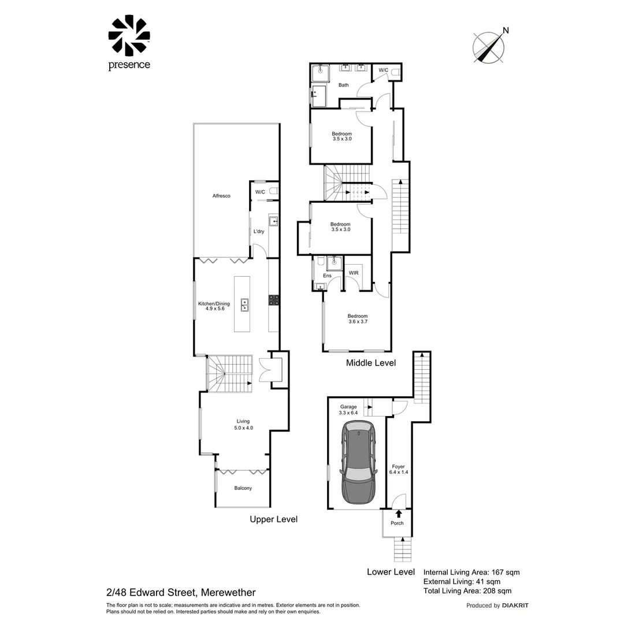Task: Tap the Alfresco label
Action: [221, 196]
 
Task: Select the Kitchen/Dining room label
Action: [214, 306]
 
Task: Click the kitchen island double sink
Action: [244, 305]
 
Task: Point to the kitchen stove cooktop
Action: [273, 300]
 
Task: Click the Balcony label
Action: [243, 488]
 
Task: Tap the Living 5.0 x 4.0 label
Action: [243, 425]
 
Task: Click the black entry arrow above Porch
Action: [399, 514]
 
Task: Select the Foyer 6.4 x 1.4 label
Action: [398, 470]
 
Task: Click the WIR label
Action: [354, 273]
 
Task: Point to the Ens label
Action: [327, 276]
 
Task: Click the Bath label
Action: [343, 85]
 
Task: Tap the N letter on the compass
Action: [506, 31]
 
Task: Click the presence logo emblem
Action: [129, 35]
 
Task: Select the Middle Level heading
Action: [371, 363]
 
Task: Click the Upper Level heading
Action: [273, 519]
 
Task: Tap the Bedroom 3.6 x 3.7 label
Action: [358, 319]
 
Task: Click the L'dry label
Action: [259, 232]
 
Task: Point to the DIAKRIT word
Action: [515, 606]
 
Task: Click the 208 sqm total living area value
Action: [497, 591]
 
